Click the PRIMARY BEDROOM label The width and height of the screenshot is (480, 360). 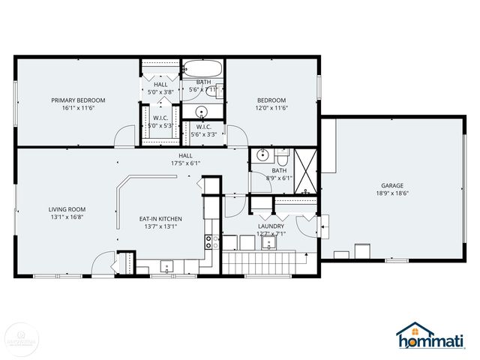pyautogui.click(x=78, y=100)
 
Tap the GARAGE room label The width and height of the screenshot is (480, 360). pyautogui.click(x=391, y=185)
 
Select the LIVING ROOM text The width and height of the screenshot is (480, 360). pyautogui.click(x=67, y=209)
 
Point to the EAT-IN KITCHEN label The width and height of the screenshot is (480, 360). pyautogui.click(x=160, y=219)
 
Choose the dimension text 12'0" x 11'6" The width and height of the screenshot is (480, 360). pyautogui.click(x=271, y=108)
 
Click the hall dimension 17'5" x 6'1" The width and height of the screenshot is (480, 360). pyautogui.click(x=184, y=163)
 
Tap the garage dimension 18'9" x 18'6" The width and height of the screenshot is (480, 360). pyautogui.click(x=391, y=193)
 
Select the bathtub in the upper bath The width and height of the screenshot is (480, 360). pyautogui.click(x=203, y=69)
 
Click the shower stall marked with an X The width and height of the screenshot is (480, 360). pyautogui.click(x=306, y=173)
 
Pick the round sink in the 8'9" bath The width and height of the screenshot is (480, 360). pyautogui.click(x=262, y=156)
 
